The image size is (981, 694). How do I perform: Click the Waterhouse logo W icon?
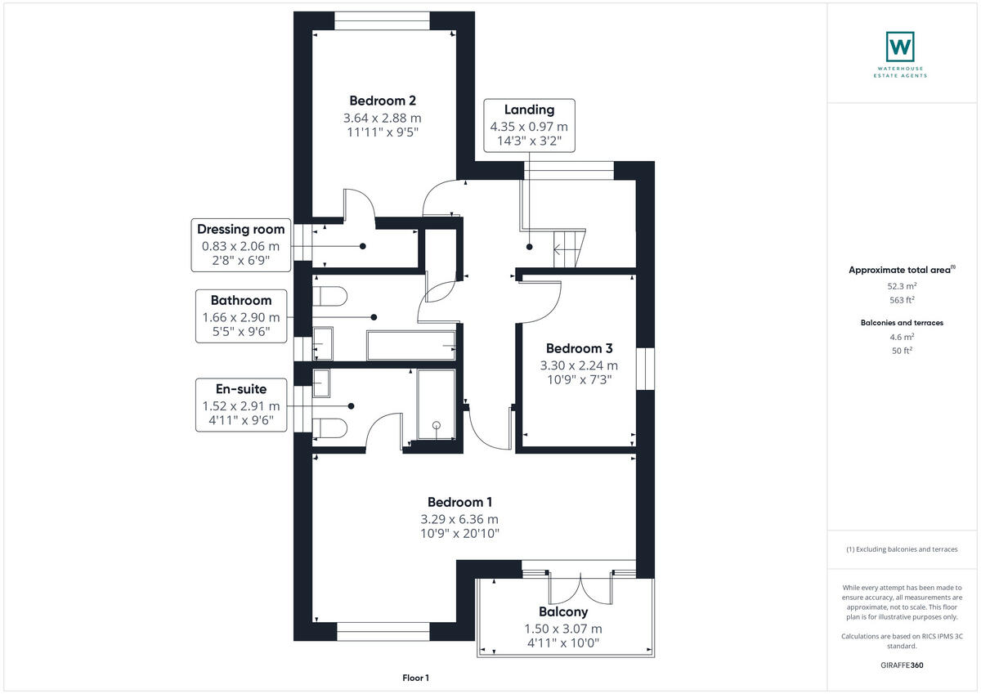coord(900,46)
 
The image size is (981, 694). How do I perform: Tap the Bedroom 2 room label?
coord(383,101)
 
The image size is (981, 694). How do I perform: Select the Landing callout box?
coord(528,126)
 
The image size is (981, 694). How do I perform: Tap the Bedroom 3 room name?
coord(579,347)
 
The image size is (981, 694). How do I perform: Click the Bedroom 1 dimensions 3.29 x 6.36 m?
coord(459,518)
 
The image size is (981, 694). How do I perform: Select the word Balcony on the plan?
coord(563,611)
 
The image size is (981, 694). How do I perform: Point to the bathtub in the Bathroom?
coord(410,346)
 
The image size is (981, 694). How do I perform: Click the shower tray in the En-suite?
coord(437,405)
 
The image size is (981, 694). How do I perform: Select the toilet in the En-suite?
coord(331,428)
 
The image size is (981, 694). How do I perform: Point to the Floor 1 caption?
coord(415,678)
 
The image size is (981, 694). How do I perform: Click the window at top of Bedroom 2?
coord(383,20)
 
